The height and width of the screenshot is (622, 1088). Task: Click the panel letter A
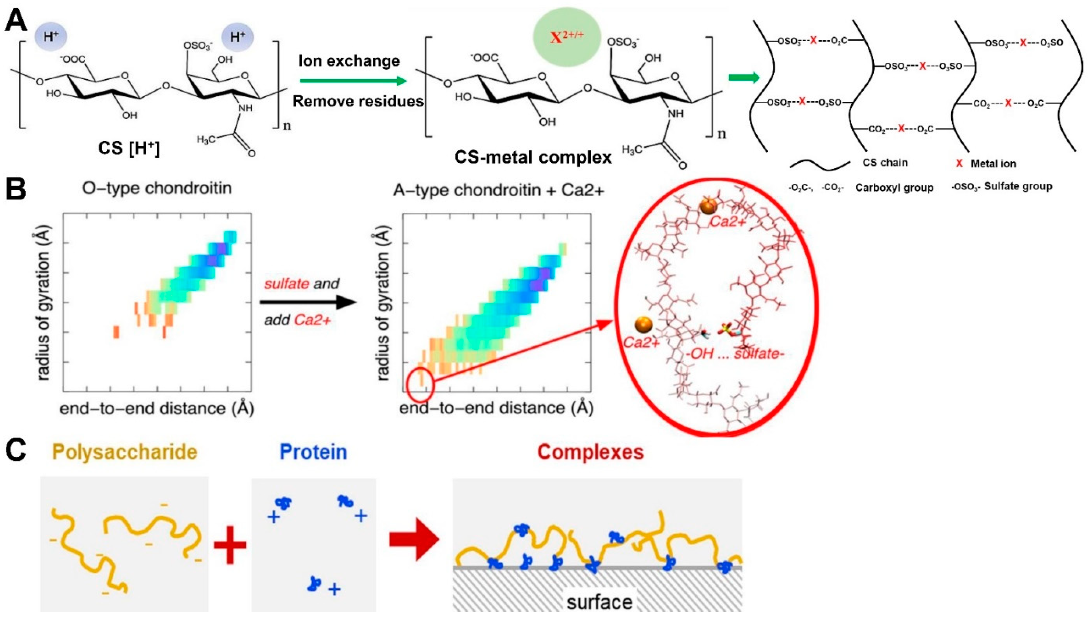tap(16, 20)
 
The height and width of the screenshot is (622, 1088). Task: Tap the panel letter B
tap(16, 189)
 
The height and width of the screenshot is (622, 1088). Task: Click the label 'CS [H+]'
tap(129, 148)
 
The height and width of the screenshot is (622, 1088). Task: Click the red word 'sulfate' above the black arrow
tap(286, 284)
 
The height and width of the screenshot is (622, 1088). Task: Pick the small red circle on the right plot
tap(420, 385)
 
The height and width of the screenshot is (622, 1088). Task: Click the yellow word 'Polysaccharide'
tap(125, 452)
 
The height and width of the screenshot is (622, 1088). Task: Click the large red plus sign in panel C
tap(230, 545)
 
